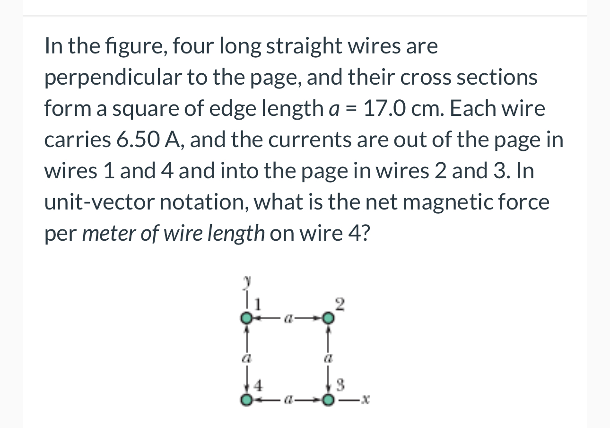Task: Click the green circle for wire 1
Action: point(246,318)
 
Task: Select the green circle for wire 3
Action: point(328,401)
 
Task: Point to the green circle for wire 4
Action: point(246,401)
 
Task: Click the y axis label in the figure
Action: point(246,281)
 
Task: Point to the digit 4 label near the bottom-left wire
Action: point(258,386)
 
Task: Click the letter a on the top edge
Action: point(287,319)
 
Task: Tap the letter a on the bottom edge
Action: point(287,401)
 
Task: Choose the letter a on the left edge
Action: point(246,359)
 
